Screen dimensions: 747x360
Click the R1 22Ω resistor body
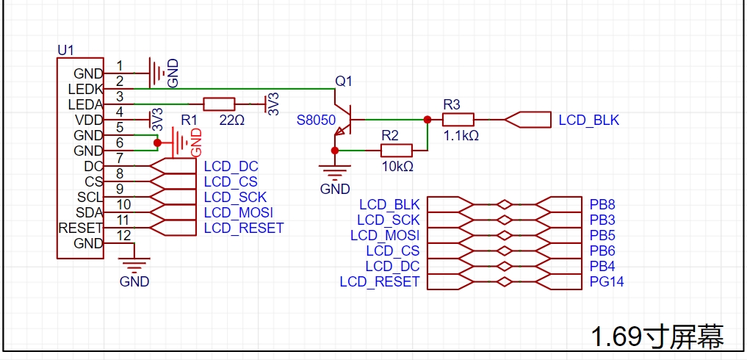click(219, 104)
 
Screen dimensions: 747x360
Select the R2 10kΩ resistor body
click(397, 151)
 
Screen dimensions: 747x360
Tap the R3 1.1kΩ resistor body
click(458, 120)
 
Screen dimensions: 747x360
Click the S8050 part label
click(316, 120)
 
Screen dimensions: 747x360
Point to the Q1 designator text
click(344, 82)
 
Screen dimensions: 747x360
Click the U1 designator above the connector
click(65, 50)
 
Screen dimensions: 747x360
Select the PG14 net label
click(607, 282)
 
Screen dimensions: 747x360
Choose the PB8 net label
click(602, 205)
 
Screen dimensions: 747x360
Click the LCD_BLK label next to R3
click(589, 120)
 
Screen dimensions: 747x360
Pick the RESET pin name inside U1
click(81, 228)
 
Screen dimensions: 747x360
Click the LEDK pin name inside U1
click(85, 89)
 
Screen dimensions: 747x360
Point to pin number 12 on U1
click(123, 235)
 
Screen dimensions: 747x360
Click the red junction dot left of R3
click(427, 120)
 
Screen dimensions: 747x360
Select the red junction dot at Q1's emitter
click(335, 151)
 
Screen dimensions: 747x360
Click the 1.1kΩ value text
click(461, 136)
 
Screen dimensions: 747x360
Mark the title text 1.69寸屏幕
click(657, 336)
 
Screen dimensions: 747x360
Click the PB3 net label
click(602, 220)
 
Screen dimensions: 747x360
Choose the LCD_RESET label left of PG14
click(380, 282)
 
